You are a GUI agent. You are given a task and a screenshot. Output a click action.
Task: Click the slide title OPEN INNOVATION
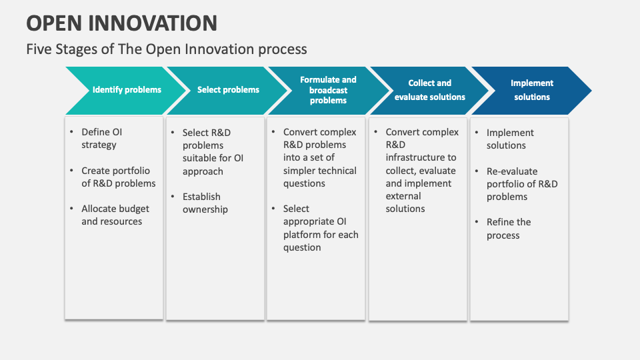click(x=122, y=23)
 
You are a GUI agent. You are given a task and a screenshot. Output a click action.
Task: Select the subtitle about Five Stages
click(x=167, y=49)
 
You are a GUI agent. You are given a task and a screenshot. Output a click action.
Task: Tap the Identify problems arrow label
click(x=127, y=90)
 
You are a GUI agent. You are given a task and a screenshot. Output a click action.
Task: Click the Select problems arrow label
click(x=228, y=90)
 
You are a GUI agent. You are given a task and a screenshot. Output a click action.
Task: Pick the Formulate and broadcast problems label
click(x=328, y=90)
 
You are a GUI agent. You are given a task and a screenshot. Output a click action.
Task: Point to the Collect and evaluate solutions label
click(x=429, y=90)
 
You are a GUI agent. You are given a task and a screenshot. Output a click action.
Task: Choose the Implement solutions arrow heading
click(x=532, y=90)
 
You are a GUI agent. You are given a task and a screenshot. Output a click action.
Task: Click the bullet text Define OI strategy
click(x=102, y=139)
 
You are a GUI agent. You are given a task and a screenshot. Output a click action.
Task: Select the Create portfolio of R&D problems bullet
click(x=118, y=177)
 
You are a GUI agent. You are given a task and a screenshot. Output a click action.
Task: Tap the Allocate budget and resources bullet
click(x=115, y=215)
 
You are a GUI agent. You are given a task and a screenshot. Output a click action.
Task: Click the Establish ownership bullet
click(x=205, y=203)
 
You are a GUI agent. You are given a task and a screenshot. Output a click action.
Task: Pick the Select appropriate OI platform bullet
click(x=320, y=228)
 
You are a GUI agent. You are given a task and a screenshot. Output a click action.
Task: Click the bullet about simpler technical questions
click(x=320, y=158)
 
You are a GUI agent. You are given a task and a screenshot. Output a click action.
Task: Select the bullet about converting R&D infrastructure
click(x=421, y=171)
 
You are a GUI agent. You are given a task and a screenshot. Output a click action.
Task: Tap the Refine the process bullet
click(x=508, y=229)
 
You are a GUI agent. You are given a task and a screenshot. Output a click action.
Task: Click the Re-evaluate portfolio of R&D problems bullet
click(x=521, y=184)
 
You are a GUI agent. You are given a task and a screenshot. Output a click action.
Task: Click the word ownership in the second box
click(x=205, y=209)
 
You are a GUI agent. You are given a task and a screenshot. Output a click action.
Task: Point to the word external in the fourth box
click(x=403, y=196)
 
